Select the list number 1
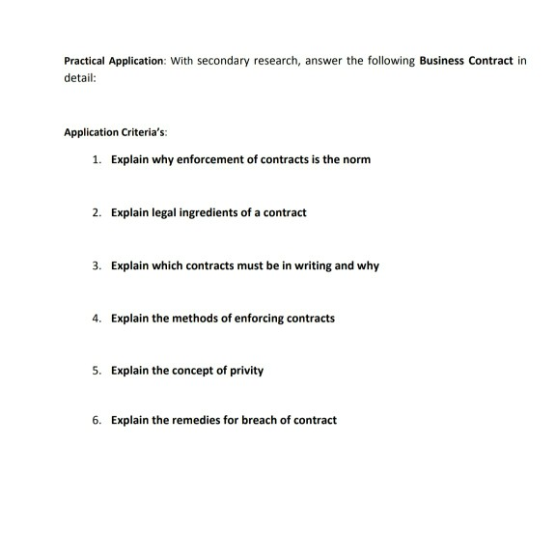click(97, 158)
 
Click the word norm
click(355, 158)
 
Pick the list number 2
click(97, 211)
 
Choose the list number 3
click(97, 264)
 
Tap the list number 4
click(97, 318)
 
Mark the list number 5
click(97, 370)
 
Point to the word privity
click(245, 370)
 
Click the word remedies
click(189, 420)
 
